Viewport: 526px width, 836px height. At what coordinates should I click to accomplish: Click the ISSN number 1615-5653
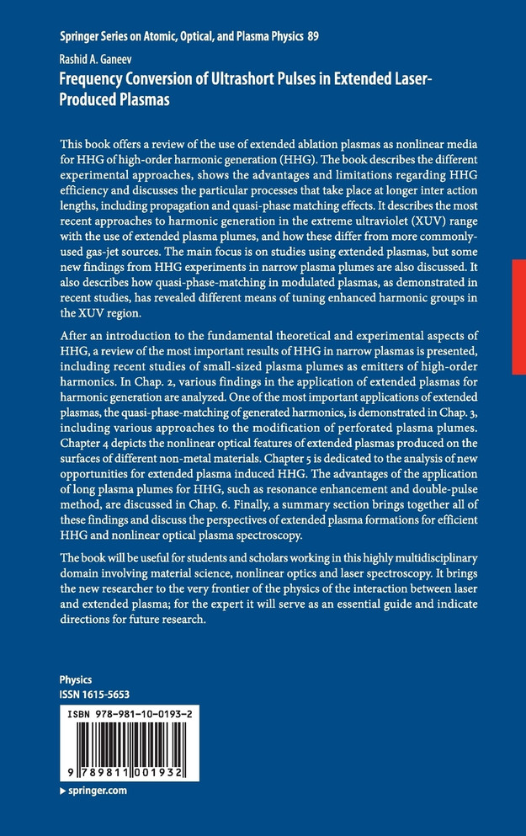[x=107, y=694]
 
